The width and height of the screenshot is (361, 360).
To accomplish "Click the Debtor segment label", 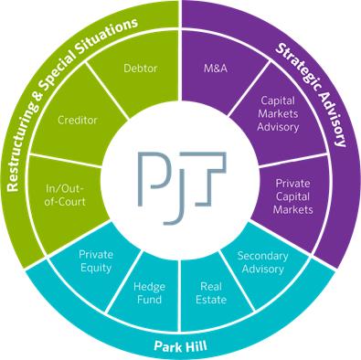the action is [x=141, y=69].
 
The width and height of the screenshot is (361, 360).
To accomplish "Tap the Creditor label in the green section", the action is [x=78, y=120].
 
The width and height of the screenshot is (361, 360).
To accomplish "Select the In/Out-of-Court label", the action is [x=65, y=196].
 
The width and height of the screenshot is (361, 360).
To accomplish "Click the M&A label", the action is [x=216, y=69].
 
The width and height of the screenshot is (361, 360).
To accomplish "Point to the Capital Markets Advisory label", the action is [x=278, y=113].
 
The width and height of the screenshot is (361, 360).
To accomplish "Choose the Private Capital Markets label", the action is [x=292, y=196].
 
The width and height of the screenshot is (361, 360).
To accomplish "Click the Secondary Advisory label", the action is [x=262, y=262].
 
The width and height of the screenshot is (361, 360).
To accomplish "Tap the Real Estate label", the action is [x=211, y=293].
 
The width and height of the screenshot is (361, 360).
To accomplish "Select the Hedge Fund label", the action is [x=149, y=293].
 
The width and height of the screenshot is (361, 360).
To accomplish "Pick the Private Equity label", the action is [x=96, y=261].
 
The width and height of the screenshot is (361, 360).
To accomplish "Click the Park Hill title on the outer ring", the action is [x=180, y=346].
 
